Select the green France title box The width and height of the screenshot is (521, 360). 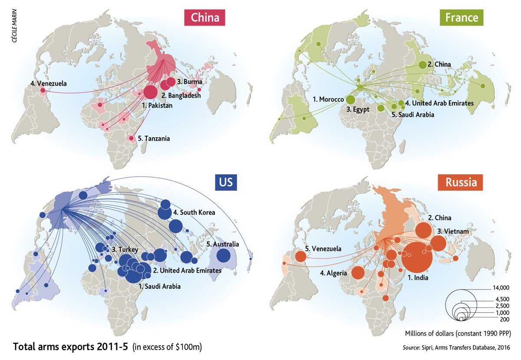pos(462,18)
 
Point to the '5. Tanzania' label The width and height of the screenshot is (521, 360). pos(153,139)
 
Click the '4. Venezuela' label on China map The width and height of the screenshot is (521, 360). pos(49,83)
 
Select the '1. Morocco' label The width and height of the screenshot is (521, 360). pos(328,99)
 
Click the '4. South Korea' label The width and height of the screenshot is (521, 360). pos(195,213)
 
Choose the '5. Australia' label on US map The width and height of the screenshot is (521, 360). pos(223,244)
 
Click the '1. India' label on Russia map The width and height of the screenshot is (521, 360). pos(418,277)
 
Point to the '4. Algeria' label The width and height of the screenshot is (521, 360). pos(333,273)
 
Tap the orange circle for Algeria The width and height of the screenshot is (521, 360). pos(358,273)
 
